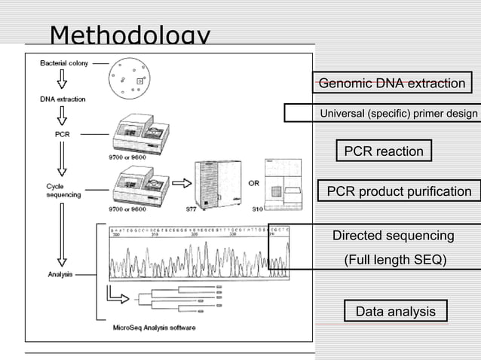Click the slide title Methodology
(130, 35)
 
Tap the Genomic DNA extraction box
(391, 83)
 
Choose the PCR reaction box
(384, 151)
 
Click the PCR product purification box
(399, 191)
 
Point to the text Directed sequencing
(393, 236)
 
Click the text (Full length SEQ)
(395, 260)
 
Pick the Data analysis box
(395, 311)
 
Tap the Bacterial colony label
(64, 63)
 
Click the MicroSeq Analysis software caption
(154, 328)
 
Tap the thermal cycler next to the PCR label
(140, 135)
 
